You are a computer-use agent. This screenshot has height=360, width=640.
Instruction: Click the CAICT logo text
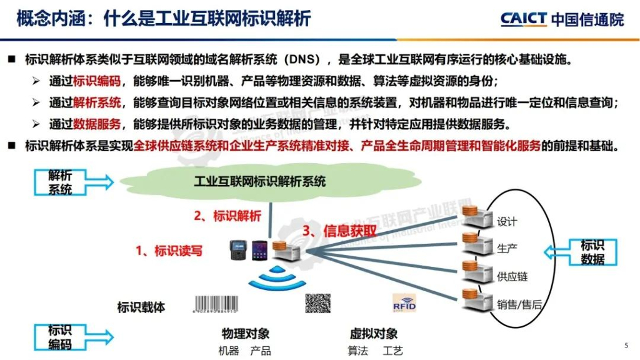pos(524,19)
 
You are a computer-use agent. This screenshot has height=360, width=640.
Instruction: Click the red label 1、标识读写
pos(169,251)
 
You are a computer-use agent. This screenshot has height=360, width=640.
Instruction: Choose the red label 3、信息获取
pos(339,231)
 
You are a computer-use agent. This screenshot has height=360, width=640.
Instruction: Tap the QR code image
pos(317,303)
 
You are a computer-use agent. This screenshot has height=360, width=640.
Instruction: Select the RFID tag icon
pos(404,304)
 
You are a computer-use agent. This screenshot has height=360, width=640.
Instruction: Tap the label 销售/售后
pos(519,305)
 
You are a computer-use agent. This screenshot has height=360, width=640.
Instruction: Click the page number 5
pos(626,346)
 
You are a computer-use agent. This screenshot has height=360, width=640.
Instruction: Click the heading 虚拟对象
pos(374,334)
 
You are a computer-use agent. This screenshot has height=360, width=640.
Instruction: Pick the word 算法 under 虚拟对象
pos(358,351)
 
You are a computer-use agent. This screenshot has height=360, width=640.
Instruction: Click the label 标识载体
pos(141,307)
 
